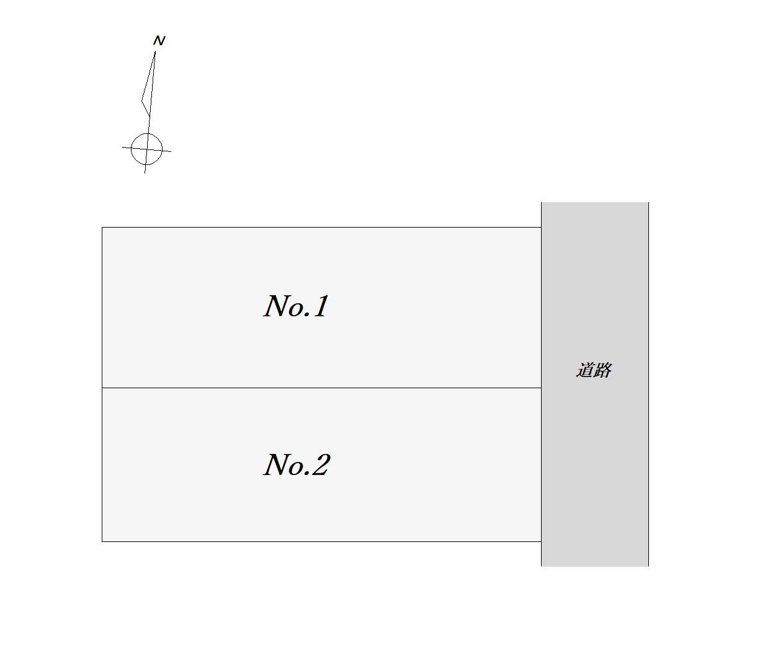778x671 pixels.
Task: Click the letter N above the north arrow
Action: [x=159, y=41]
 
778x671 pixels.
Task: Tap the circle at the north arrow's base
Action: [x=147, y=149]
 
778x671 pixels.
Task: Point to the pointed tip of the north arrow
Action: [x=154, y=52]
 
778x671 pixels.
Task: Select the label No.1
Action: [x=297, y=306]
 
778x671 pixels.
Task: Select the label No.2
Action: [x=297, y=465]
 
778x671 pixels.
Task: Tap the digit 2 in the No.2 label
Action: [x=320, y=465]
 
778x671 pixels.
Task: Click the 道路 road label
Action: [x=594, y=370]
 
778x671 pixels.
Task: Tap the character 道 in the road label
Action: [x=586, y=370]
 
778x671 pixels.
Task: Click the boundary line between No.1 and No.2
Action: [x=321, y=388]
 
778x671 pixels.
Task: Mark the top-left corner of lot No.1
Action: [x=102, y=228]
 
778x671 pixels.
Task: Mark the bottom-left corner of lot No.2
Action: [x=102, y=541]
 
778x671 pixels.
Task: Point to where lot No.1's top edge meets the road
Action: [x=541, y=228]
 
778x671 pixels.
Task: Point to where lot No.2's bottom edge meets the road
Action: [x=541, y=541]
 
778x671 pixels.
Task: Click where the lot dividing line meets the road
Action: [x=541, y=388]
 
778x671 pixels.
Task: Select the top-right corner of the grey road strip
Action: [x=648, y=203]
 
